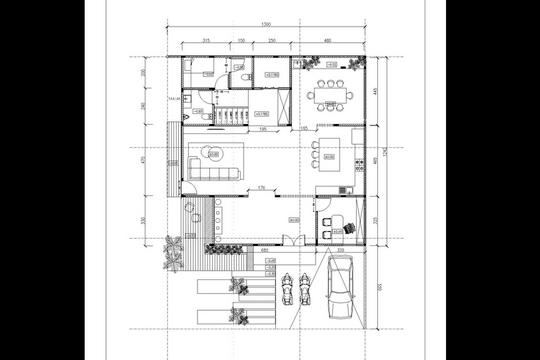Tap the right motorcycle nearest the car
[305, 289]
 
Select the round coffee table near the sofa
[213, 153]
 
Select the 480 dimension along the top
[330, 41]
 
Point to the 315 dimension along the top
[205, 41]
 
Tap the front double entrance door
[288, 241]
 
